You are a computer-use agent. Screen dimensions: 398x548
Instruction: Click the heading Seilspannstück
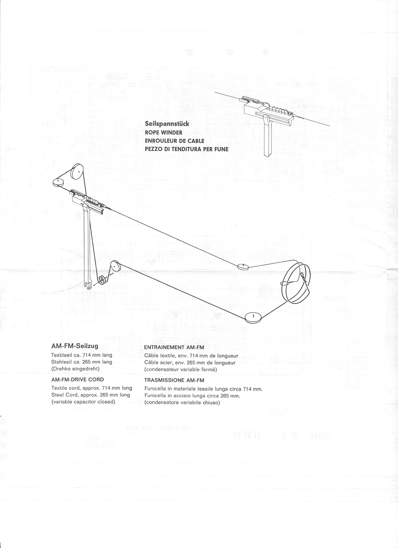[167, 124]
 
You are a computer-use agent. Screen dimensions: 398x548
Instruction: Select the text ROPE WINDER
[164, 132]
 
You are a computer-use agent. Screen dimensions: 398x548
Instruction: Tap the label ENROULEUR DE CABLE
[174, 141]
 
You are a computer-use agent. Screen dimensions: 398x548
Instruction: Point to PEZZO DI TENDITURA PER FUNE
[186, 149]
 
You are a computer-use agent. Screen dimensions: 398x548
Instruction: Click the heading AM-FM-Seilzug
[75, 346]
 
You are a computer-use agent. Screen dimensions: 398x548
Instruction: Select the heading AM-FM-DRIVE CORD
[77, 380]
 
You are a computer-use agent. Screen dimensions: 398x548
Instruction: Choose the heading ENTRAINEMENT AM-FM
[174, 347]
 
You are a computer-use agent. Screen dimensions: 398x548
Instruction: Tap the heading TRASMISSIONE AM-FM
[174, 380]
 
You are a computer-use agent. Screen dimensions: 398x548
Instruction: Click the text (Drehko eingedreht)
[75, 369]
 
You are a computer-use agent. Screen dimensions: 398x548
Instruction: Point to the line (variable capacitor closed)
[83, 402]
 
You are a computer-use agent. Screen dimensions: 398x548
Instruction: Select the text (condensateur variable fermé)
[180, 370]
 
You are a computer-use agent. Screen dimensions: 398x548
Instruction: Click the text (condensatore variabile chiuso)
[182, 403]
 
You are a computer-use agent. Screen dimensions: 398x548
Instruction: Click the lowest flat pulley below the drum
[253, 317]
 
